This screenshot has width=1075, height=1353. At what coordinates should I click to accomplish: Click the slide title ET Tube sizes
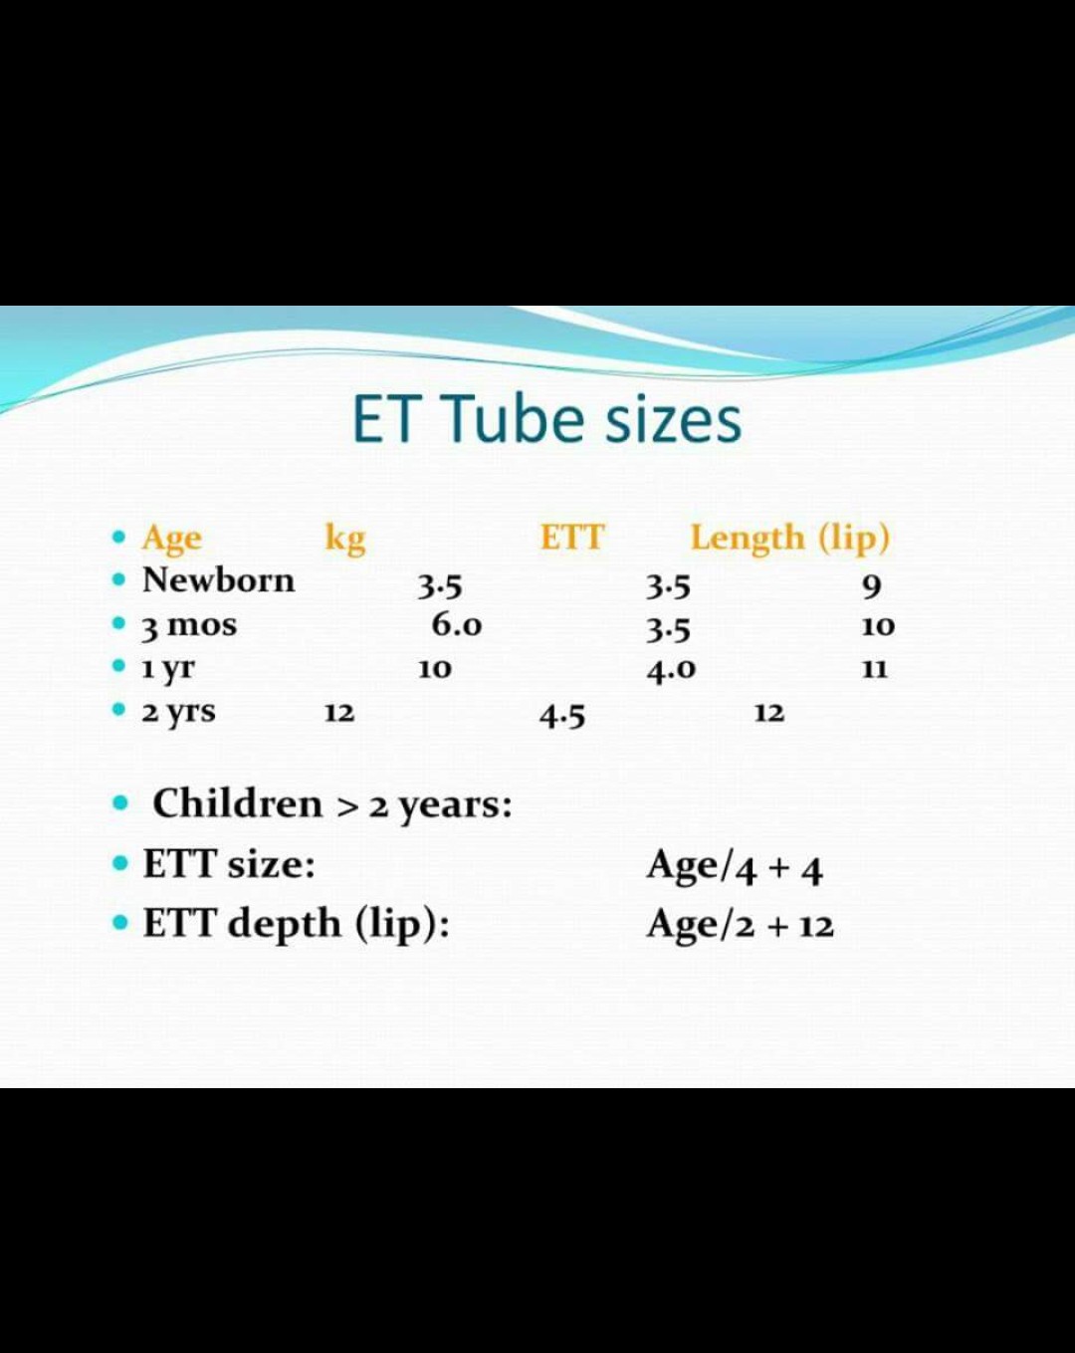pos(546,419)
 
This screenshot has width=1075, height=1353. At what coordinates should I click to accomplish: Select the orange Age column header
pos(171,539)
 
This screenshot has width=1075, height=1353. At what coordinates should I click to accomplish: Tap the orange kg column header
pos(344,539)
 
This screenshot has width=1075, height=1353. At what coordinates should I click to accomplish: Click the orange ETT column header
pos(572,538)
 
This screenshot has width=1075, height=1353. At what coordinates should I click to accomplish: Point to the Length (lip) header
pos(789,538)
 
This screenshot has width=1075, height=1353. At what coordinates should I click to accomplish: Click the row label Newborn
pos(218,580)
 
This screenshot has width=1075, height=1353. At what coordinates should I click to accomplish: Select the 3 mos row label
pos(189,626)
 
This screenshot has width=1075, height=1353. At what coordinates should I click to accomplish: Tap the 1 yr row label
pos(168,669)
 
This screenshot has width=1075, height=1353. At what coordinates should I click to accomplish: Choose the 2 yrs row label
pos(178,713)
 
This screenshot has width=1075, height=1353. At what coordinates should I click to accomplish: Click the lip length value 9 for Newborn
pos(871,586)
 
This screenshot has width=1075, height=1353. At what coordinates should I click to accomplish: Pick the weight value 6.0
pos(456,625)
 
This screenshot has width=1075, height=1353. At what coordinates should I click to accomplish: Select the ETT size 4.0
pos(671,670)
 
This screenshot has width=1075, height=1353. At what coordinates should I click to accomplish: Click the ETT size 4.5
pos(562,715)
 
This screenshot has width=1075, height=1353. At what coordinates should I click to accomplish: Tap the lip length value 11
pos(874,670)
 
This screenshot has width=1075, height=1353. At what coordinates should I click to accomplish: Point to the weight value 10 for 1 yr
pos(434,670)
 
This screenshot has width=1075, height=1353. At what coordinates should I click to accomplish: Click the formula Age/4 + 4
pos(734,867)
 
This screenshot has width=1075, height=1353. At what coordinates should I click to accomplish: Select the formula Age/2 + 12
pos(740,925)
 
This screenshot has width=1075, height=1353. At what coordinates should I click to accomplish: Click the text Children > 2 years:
pos(331,804)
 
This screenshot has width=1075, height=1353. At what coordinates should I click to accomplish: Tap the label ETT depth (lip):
pos(296,924)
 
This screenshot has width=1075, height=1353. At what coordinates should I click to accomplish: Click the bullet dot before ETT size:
pos(120,863)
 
